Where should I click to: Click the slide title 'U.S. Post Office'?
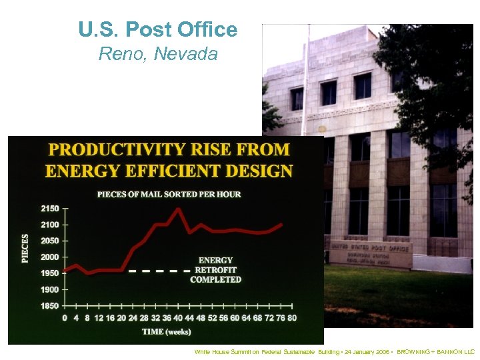[x=157, y=29]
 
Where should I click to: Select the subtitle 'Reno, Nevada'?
[x=158, y=54]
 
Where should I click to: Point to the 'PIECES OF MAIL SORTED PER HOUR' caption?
[x=169, y=194]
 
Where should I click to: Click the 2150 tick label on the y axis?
[x=49, y=209]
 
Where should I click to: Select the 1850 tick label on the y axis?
[x=49, y=306]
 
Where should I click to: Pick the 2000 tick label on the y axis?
[x=49, y=257]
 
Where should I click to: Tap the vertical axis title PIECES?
[x=25, y=247]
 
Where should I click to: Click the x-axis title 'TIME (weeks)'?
[x=166, y=331]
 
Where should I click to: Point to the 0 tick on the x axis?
[x=65, y=318]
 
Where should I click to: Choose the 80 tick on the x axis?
[x=292, y=318]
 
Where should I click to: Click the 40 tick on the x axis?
[x=178, y=318]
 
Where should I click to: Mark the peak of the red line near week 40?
[x=178, y=209]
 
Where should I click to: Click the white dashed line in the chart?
[x=159, y=271]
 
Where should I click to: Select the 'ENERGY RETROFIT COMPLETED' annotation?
[x=215, y=270]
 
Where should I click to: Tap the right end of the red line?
[x=281, y=225]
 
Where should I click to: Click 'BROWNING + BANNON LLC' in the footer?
[x=435, y=351]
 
